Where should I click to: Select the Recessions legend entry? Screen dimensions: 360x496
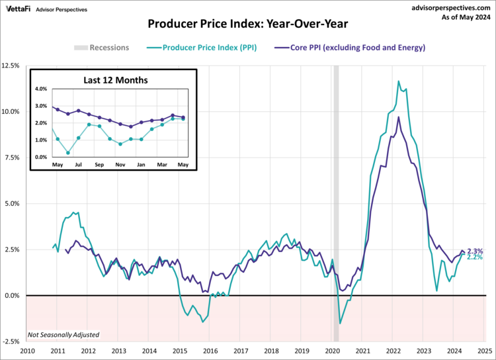coord(101,48)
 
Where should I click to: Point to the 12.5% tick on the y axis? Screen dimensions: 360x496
coord(10,66)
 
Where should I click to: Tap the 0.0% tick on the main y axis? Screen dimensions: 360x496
coord(12,296)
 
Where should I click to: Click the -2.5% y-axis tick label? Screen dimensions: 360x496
coord(11,341)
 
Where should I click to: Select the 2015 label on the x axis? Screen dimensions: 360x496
coord(180,351)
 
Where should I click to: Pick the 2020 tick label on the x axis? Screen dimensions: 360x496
coord(332,351)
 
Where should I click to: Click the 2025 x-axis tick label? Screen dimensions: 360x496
coord(485,351)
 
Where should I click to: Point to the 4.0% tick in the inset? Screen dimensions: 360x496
coord(41,89)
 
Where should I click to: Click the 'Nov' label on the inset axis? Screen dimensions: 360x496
coord(120,164)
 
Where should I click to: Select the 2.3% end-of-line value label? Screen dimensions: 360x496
coord(475,251)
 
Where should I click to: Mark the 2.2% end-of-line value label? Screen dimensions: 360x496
coord(475,257)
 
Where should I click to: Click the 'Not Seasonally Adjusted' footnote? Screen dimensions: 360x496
coord(63,335)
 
